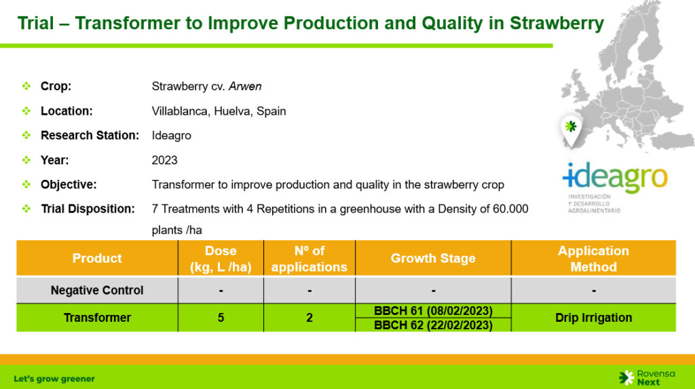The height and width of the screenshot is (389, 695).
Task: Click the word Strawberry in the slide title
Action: [557, 24]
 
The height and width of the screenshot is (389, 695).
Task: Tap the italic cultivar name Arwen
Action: [245, 86]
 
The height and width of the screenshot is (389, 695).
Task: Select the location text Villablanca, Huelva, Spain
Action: [219, 111]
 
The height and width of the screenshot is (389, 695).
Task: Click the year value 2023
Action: [164, 160]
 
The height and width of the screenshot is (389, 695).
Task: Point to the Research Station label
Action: [90, 135]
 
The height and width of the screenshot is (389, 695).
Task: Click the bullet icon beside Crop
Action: [26, 86]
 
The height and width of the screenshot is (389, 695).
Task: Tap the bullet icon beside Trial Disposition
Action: [26, 208]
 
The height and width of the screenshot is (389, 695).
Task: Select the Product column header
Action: [97, 258]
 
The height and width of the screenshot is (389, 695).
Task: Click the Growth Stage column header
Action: [433, 258]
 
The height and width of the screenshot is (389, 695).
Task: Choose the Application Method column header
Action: [593, 259]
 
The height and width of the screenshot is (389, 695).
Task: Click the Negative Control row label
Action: [97, 290]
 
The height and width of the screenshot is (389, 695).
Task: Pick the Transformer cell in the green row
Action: [97, 318]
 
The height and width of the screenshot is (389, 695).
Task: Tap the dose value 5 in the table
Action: [221, 318]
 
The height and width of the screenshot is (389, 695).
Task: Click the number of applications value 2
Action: [309, 318]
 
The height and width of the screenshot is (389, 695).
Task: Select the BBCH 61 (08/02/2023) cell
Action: [433, 311]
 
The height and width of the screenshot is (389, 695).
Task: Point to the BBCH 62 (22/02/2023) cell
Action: [433, 325]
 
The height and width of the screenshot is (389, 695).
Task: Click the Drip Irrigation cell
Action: [593, 318]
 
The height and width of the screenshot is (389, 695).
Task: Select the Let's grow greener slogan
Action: [54, 379]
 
